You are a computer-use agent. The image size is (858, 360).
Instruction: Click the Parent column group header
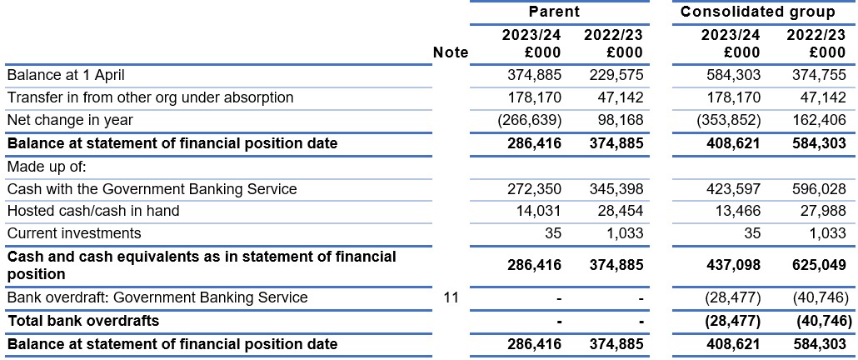coord(554,12)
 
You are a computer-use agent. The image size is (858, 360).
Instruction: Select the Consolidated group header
coord(758,12)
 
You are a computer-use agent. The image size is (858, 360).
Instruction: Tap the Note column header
coord(451,52)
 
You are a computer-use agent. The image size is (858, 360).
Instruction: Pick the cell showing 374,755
coord(818,75)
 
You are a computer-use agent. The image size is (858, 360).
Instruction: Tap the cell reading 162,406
coord(818,120)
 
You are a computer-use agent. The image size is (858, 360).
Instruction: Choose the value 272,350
coord(534,189)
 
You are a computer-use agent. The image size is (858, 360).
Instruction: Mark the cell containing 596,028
coord(818,189)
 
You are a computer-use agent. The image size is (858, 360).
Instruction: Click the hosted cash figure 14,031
coord(538,211)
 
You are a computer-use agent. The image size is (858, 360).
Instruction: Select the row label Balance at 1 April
coord(69,75)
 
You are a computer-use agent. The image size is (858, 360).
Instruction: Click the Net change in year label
coord(69,120)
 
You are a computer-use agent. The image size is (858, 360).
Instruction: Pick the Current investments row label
coord(74,233)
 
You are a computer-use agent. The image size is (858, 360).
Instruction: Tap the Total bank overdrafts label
coord(82,321)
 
